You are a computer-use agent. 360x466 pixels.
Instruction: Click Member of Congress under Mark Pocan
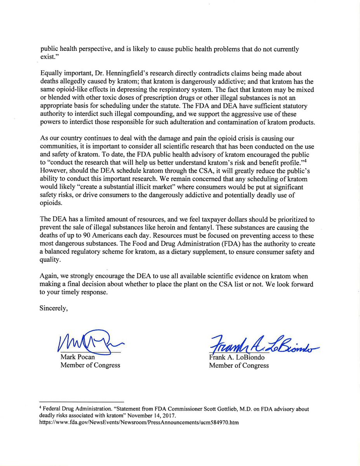90,365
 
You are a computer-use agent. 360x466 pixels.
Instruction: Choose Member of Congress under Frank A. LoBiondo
239,365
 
